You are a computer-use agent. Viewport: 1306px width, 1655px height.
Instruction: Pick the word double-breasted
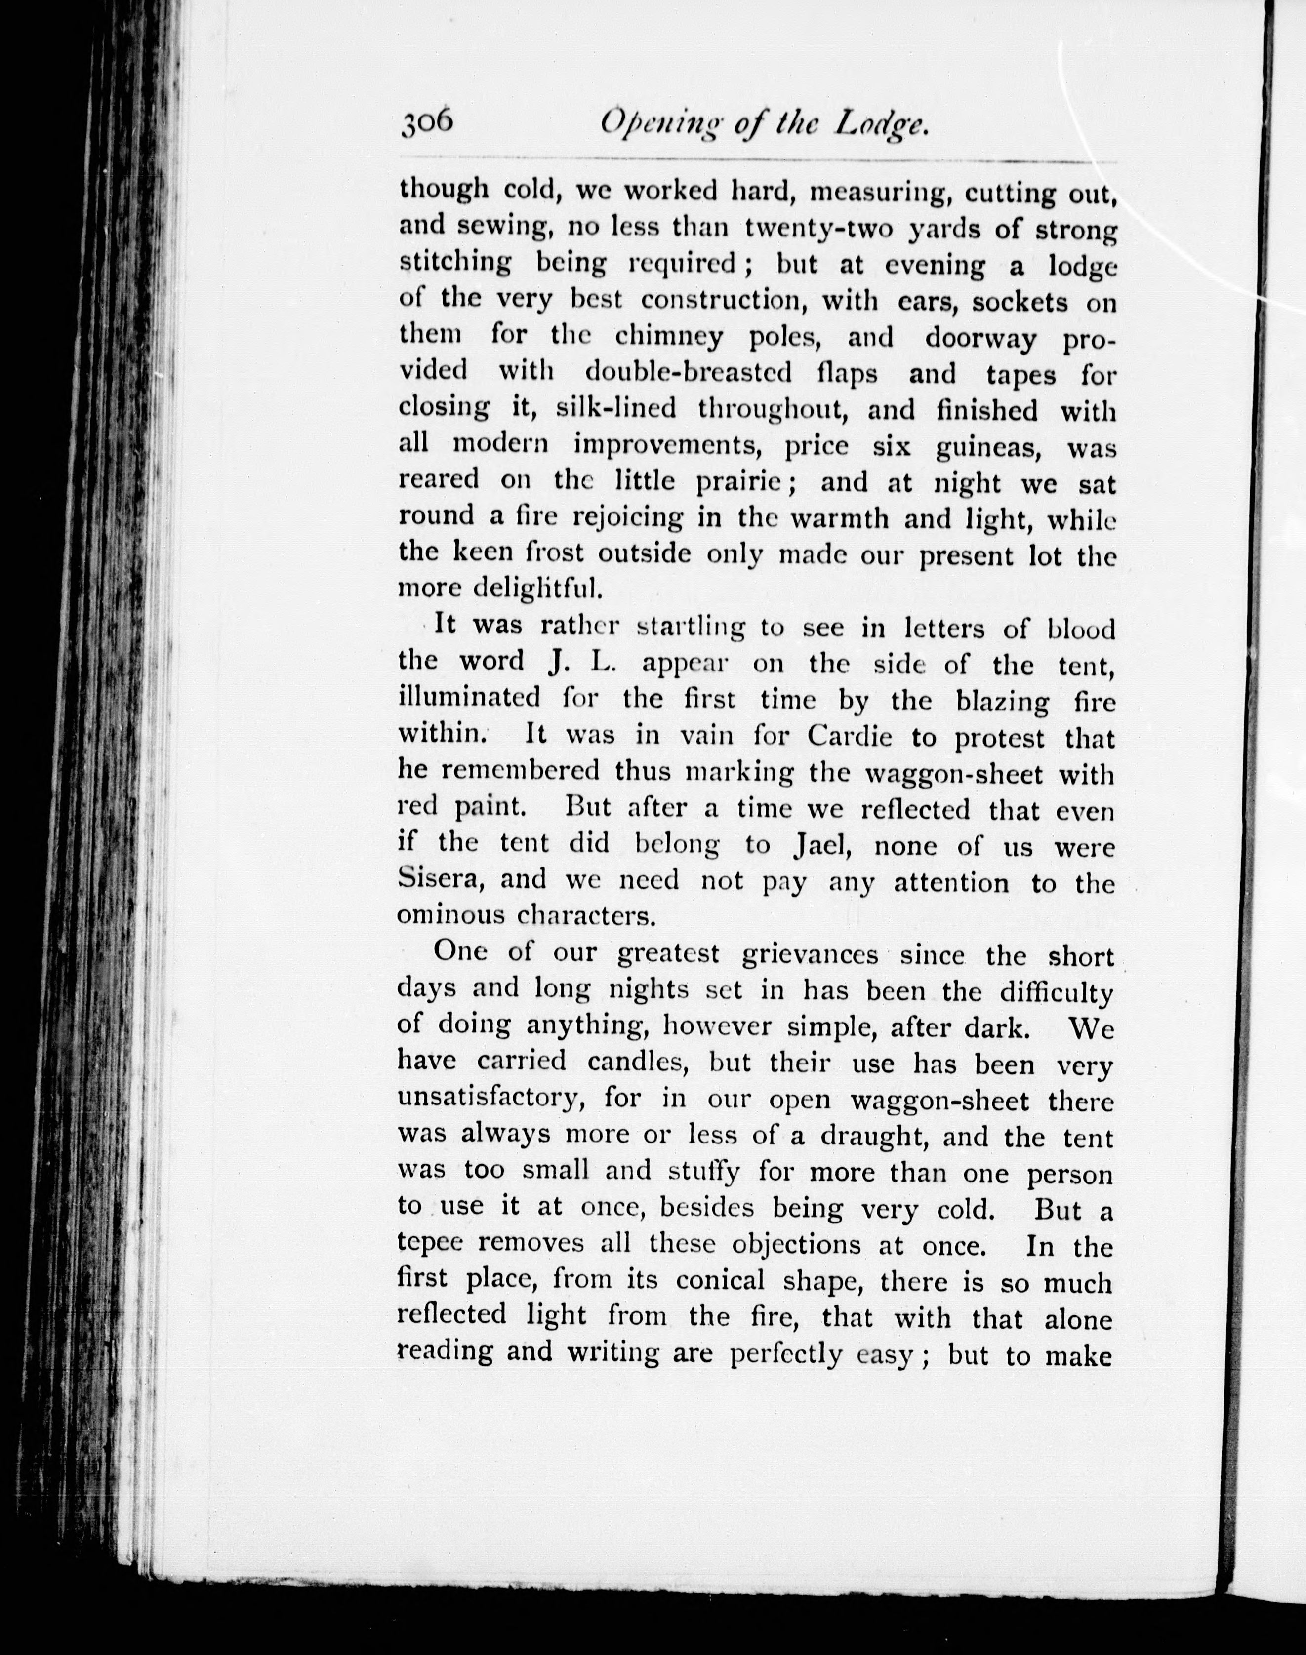click(730, 373)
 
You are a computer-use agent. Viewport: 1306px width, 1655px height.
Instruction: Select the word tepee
click(431, 1245)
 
